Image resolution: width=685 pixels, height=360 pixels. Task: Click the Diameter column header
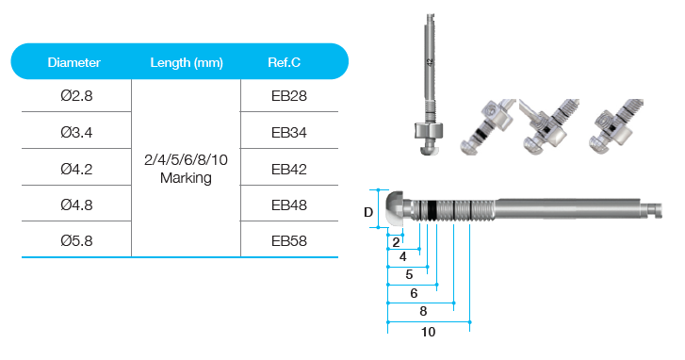(x=73, y=62)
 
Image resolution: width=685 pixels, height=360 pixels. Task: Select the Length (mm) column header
(x=187, y=63)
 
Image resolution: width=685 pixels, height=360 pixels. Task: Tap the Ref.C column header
(x=284, y=62)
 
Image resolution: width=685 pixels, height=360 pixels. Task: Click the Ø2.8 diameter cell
(x=76, y=96)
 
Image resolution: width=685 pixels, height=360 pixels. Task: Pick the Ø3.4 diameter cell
(x=76, y=132)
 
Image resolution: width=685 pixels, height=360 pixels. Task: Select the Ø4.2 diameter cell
(x=76, y=169)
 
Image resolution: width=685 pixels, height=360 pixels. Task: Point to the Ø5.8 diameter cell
(x=76, y=240)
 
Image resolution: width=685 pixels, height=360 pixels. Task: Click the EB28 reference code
(x=288, y=96)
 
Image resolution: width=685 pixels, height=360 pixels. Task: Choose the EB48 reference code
(x=288, y=205)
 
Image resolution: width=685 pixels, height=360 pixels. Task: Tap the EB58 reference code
(x=288, y=240)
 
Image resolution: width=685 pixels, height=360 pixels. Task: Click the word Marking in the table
(x=186, y=178)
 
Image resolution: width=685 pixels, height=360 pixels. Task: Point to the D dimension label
(x=368, y=212)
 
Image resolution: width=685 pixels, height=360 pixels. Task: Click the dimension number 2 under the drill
(x=396, y=242)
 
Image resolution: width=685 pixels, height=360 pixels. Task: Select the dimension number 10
(x=428, y=332)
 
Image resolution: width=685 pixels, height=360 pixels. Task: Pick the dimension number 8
(x=423, y=312)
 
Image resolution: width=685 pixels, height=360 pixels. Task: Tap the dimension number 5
(x=409, y=275)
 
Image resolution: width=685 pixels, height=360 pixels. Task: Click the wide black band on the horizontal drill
(x=432, y=210)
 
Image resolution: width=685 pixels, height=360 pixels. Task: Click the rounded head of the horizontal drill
(x=395, y=208)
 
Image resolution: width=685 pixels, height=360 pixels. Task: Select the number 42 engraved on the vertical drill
(x=430, y=62)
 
